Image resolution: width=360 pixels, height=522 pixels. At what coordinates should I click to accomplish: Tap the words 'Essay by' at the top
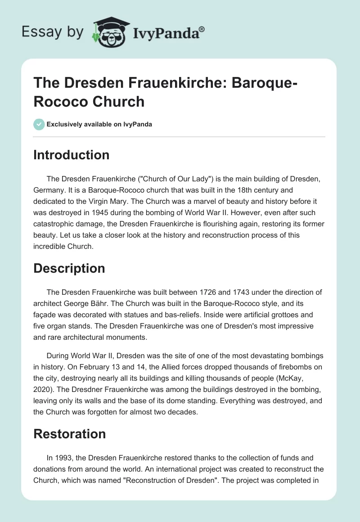(53, 32)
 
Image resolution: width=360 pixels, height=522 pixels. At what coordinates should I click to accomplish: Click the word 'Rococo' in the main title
(59, 101)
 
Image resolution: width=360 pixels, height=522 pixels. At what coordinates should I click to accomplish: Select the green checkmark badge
(39, 124)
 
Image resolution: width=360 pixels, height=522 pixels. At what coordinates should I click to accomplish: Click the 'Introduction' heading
(71, 155)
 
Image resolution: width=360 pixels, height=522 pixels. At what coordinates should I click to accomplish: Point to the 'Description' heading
(69, 269)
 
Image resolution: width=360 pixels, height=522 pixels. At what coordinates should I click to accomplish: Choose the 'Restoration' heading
(69, 434)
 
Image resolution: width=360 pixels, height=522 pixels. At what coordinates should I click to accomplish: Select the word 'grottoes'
(288, 314)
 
